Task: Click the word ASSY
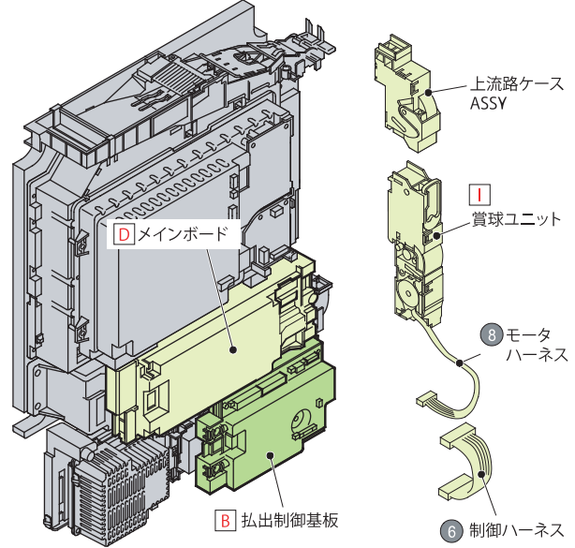coord(487,104)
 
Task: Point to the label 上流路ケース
coord(516,84)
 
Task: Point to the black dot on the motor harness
coord(460,362)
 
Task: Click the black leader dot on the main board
coord(234,349)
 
